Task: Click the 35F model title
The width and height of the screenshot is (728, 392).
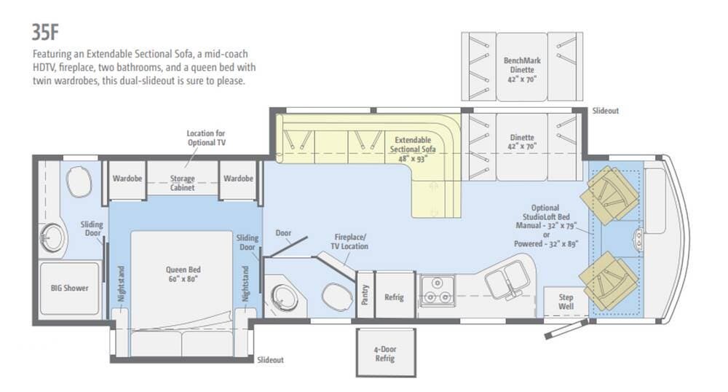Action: coord(45,32)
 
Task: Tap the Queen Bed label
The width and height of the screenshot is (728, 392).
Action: coord(183,274)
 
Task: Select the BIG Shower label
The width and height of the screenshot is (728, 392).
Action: coord(70,288)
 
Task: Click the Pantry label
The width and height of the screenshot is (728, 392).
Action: coord(365,295)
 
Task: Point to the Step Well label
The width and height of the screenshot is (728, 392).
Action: coord(566,302)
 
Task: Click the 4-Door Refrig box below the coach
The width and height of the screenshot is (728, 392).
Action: coord(385,353)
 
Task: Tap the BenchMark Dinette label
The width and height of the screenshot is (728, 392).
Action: coord(522,70)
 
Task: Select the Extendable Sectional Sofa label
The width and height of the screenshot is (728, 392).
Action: coord(413,149)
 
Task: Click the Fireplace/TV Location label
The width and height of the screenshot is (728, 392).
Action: coord(349,241)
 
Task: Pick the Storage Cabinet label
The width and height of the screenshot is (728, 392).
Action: coord(182,183)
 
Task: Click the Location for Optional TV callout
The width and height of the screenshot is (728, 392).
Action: coord(206,138)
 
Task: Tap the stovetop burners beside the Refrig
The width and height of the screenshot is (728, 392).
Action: coord(437,290)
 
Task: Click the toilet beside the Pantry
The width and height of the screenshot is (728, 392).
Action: coord(337,296)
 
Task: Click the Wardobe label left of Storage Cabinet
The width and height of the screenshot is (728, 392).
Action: coord(127,179)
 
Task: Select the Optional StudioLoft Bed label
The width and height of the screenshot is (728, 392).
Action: coord(545,226)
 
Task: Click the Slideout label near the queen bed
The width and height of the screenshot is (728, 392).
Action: coord(270,360)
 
